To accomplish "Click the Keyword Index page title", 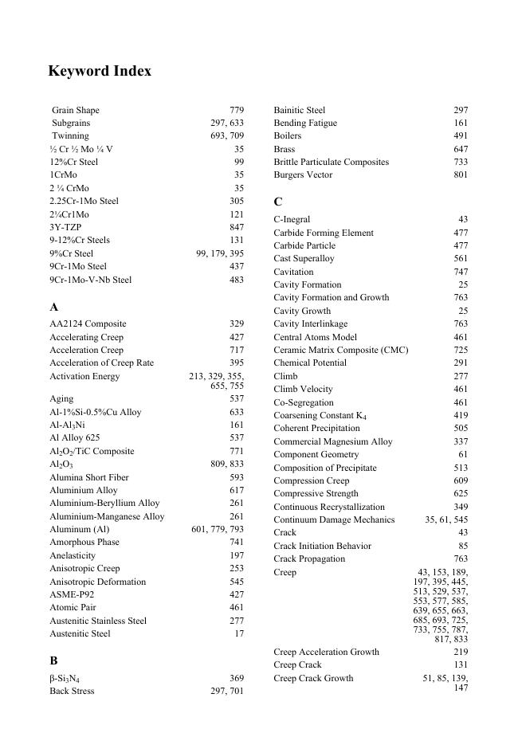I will tap(100, 72).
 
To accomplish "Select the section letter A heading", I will tap(54, 307).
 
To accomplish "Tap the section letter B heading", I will tap(53, 660).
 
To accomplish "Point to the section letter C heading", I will tap(278, 202).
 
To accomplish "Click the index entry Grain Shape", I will tap(76, 110).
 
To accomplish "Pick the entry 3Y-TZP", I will tap(65, 227).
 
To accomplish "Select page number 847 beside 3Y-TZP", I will tap(237, 227).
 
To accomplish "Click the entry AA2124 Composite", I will tap(88, 324).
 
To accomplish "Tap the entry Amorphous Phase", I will tap(84, 543).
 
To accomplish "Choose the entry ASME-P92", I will tap(72, 594).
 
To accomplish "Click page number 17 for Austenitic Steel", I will tap(239, 634).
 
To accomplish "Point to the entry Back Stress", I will tap(72, 692).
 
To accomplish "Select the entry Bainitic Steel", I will tap(300, 110).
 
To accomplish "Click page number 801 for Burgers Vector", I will tap(461, 175).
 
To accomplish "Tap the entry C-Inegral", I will tap(292, 219).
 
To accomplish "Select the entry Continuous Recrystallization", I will tap(329, 508).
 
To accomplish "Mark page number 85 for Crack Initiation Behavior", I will tap(463, 547).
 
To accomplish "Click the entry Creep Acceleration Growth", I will tap(327, 653).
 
